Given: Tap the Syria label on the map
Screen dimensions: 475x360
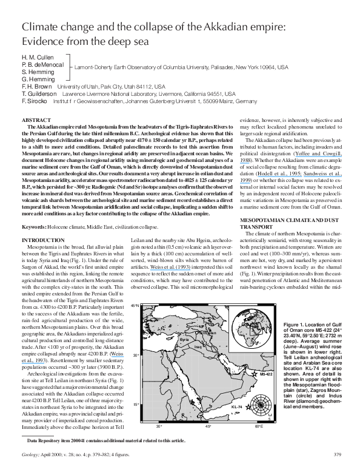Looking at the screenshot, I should pos(185,339).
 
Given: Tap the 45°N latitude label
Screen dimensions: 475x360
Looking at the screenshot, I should pos(136,306).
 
